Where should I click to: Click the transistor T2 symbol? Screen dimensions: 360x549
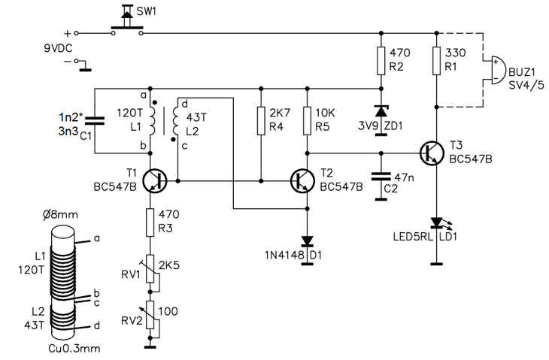pyautogui.click(x=302, y=181)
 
